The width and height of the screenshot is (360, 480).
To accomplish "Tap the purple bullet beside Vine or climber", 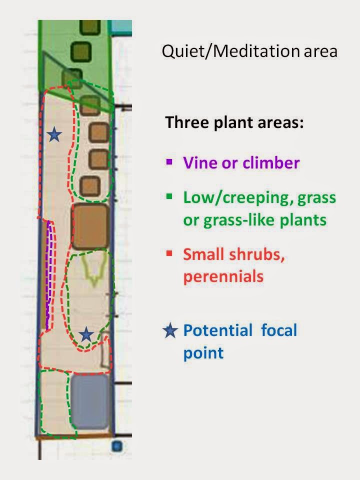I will [169, 161].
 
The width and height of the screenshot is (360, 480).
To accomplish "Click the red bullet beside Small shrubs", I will [169, 252].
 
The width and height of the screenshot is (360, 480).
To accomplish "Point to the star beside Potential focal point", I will [170, 331].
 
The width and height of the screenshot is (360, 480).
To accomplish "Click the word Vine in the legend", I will [196, 162].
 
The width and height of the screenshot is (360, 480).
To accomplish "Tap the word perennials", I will [223, 276].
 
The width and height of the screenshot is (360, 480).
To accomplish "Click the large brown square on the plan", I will [90, 226].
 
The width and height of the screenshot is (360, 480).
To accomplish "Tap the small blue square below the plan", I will [117, 446].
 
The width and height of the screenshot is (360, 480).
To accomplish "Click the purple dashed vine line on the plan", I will [49, 275].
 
